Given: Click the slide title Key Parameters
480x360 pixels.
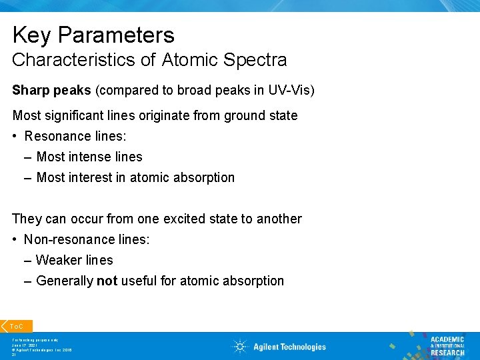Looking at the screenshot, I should coord(93,35).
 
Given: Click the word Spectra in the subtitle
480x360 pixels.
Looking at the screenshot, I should coord(255,60).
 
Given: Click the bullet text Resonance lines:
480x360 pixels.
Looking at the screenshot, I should coord(75,136).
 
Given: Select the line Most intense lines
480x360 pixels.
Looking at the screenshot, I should coord(89,157).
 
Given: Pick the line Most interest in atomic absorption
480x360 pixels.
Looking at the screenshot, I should coord(135,177).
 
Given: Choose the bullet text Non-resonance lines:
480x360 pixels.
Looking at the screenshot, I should coord(87,239).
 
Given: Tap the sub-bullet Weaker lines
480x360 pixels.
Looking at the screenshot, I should coord(75,260).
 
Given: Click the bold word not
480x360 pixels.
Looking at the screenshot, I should coord(107,281).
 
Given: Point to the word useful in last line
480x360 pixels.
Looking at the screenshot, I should coord(139,281).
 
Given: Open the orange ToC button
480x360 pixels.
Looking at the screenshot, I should coord(15,326).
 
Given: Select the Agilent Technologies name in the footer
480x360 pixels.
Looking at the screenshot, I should coord(289,347).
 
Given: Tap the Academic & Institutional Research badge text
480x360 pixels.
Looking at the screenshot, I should coord(447,346).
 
